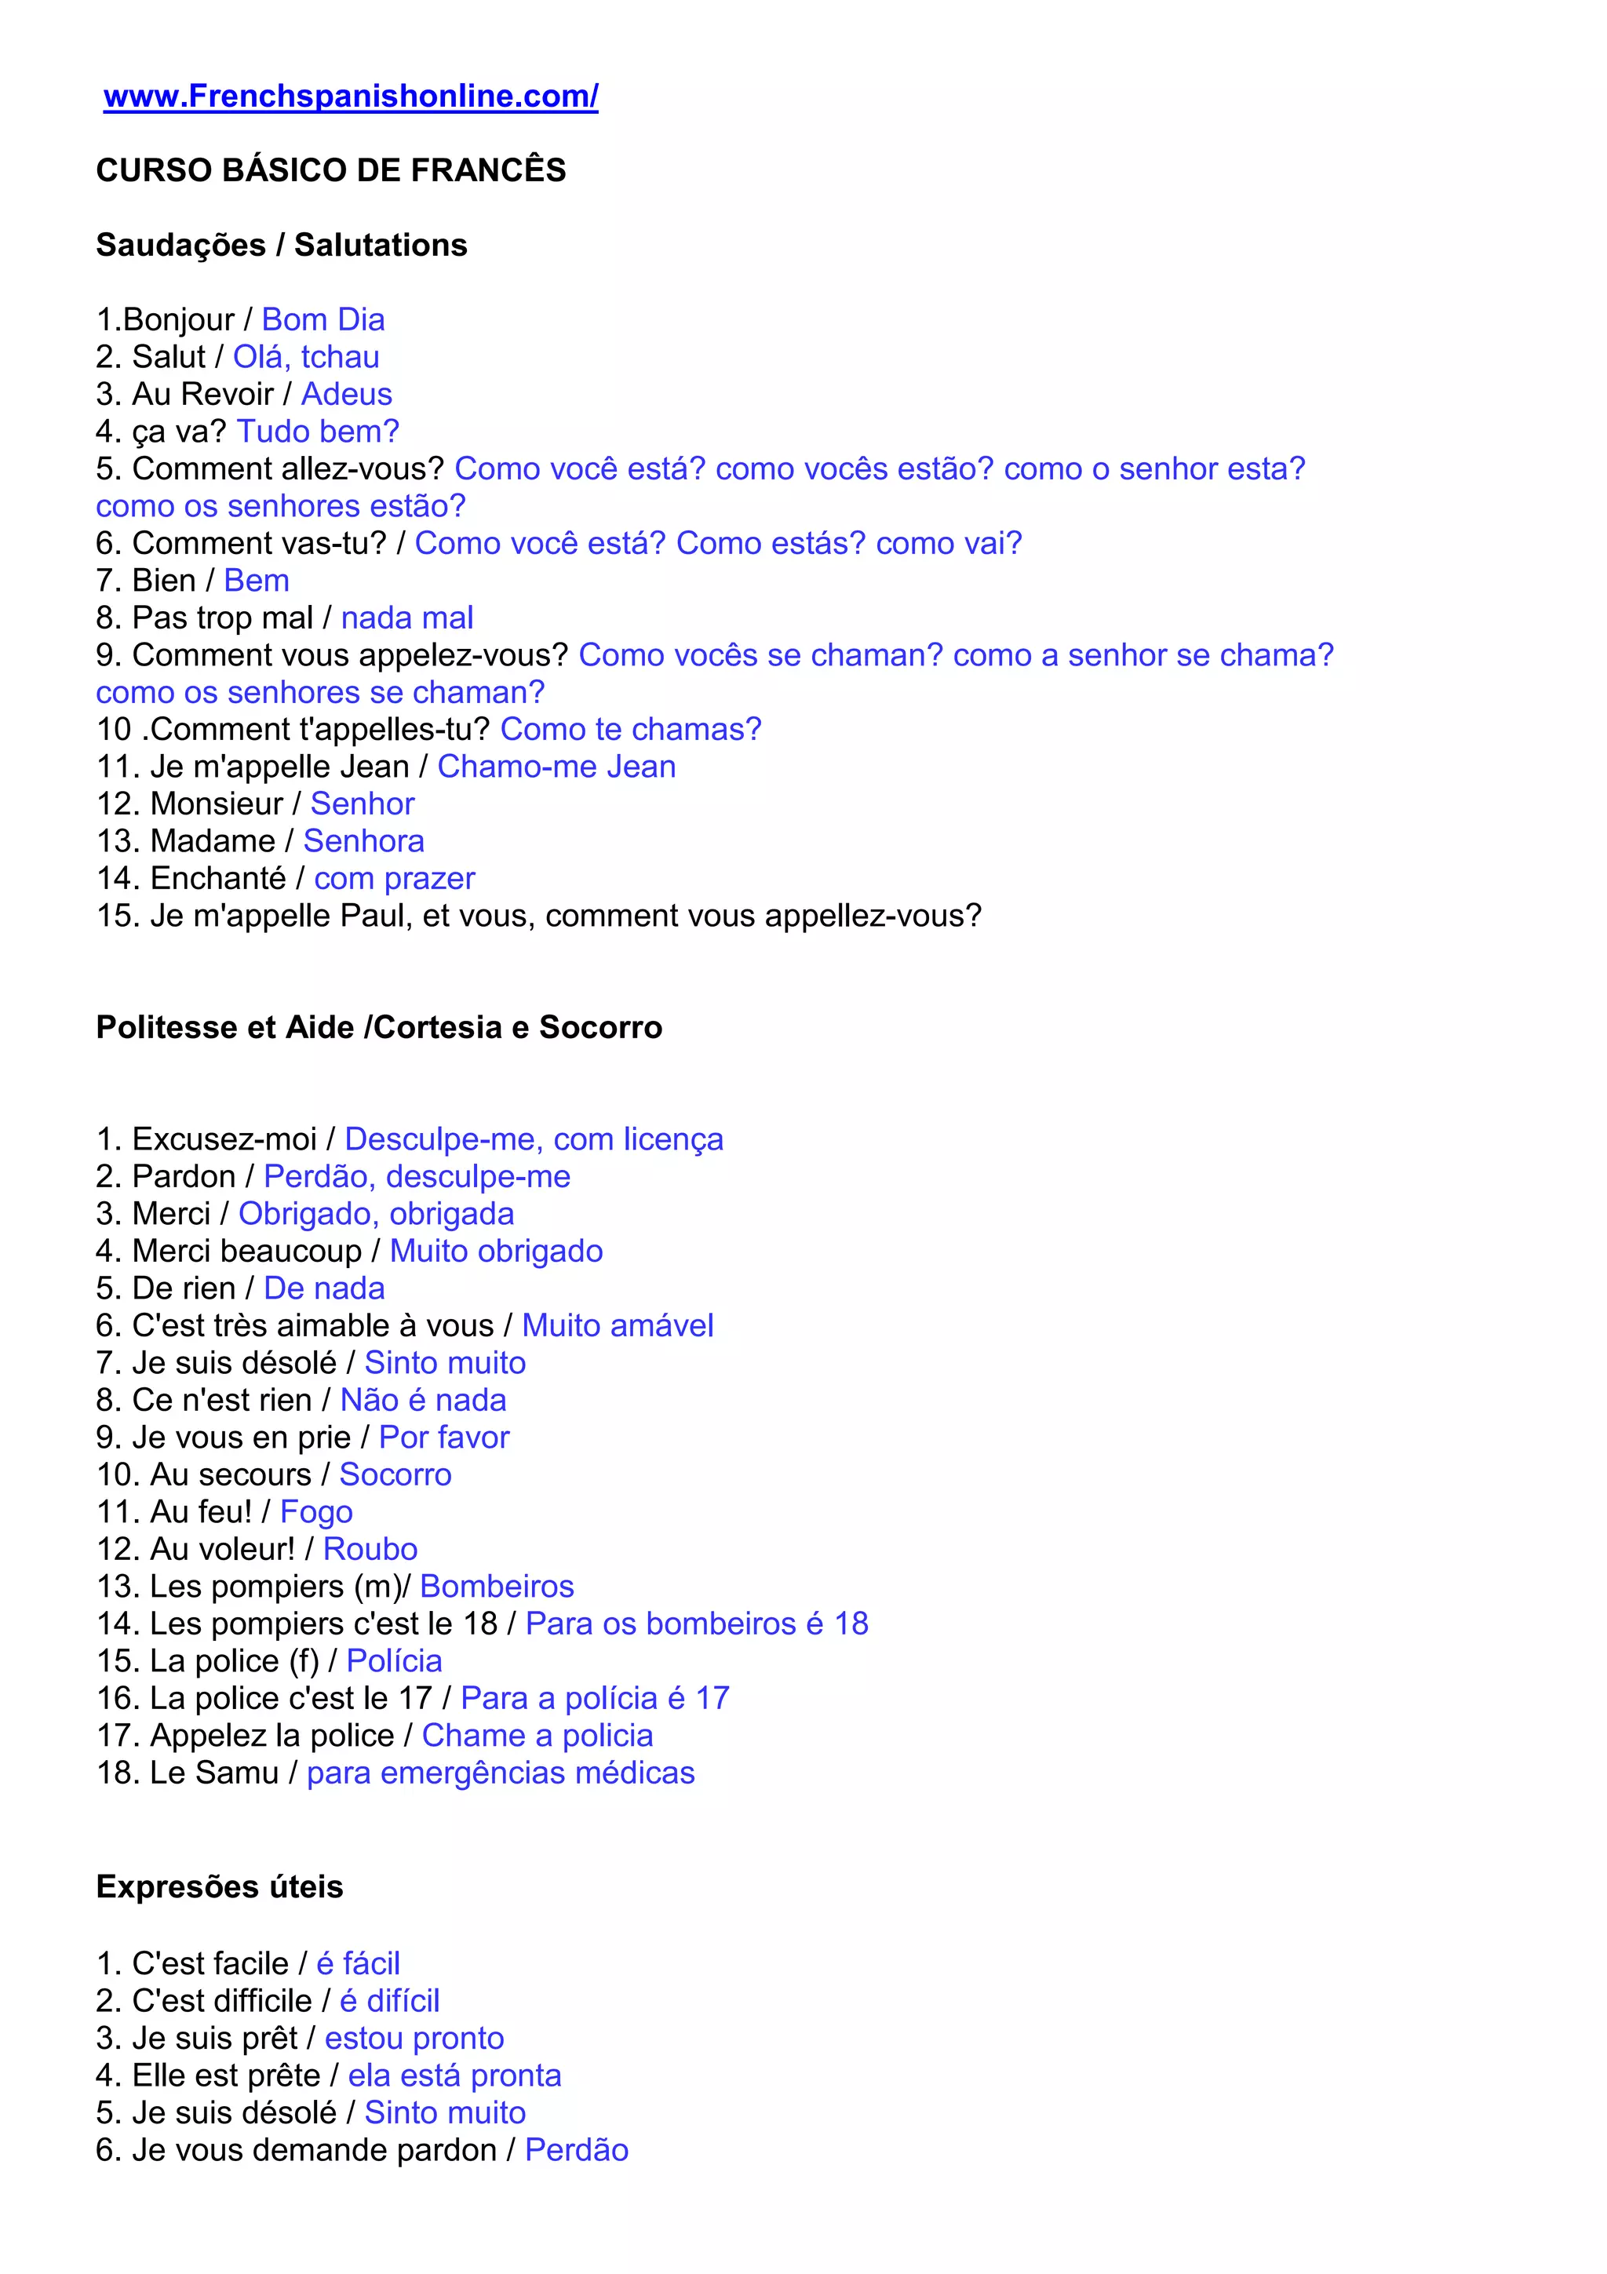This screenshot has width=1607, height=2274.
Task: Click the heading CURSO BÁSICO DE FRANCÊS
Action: click(x=330, y=170)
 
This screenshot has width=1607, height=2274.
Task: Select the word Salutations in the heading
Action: click(x=381, y=245)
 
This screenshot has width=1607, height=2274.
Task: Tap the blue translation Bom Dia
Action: click(x=322, y=320)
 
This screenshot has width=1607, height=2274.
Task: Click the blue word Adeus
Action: click(x=347, y=394)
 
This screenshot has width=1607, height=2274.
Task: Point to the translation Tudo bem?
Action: click(x=318, y=432)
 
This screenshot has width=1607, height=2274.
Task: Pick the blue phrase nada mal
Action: click(x=407, y=618)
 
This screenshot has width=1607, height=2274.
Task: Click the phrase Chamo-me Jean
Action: click(x=556, y=767)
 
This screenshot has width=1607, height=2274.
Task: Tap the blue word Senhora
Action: click(x=363, y=841)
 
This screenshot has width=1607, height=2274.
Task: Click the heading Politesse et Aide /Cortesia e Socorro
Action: click(x=379, y=1027)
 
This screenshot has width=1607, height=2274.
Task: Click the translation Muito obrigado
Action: click(x=496, y=1251)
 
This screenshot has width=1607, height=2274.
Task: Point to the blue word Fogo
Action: click(x=316, y=1512)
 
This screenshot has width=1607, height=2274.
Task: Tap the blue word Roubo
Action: click(x=370, y=1549)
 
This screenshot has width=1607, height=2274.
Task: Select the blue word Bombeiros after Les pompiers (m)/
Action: click(x=497, y=1587)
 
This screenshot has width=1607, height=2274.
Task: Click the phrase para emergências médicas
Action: click(x=500, y=1773)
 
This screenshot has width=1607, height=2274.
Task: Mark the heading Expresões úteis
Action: click(x=220, y=1886)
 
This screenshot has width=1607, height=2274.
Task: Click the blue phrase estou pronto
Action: click(x=414, y=2039)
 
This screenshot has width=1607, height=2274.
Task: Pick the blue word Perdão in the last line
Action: click(x=576, y=2150)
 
